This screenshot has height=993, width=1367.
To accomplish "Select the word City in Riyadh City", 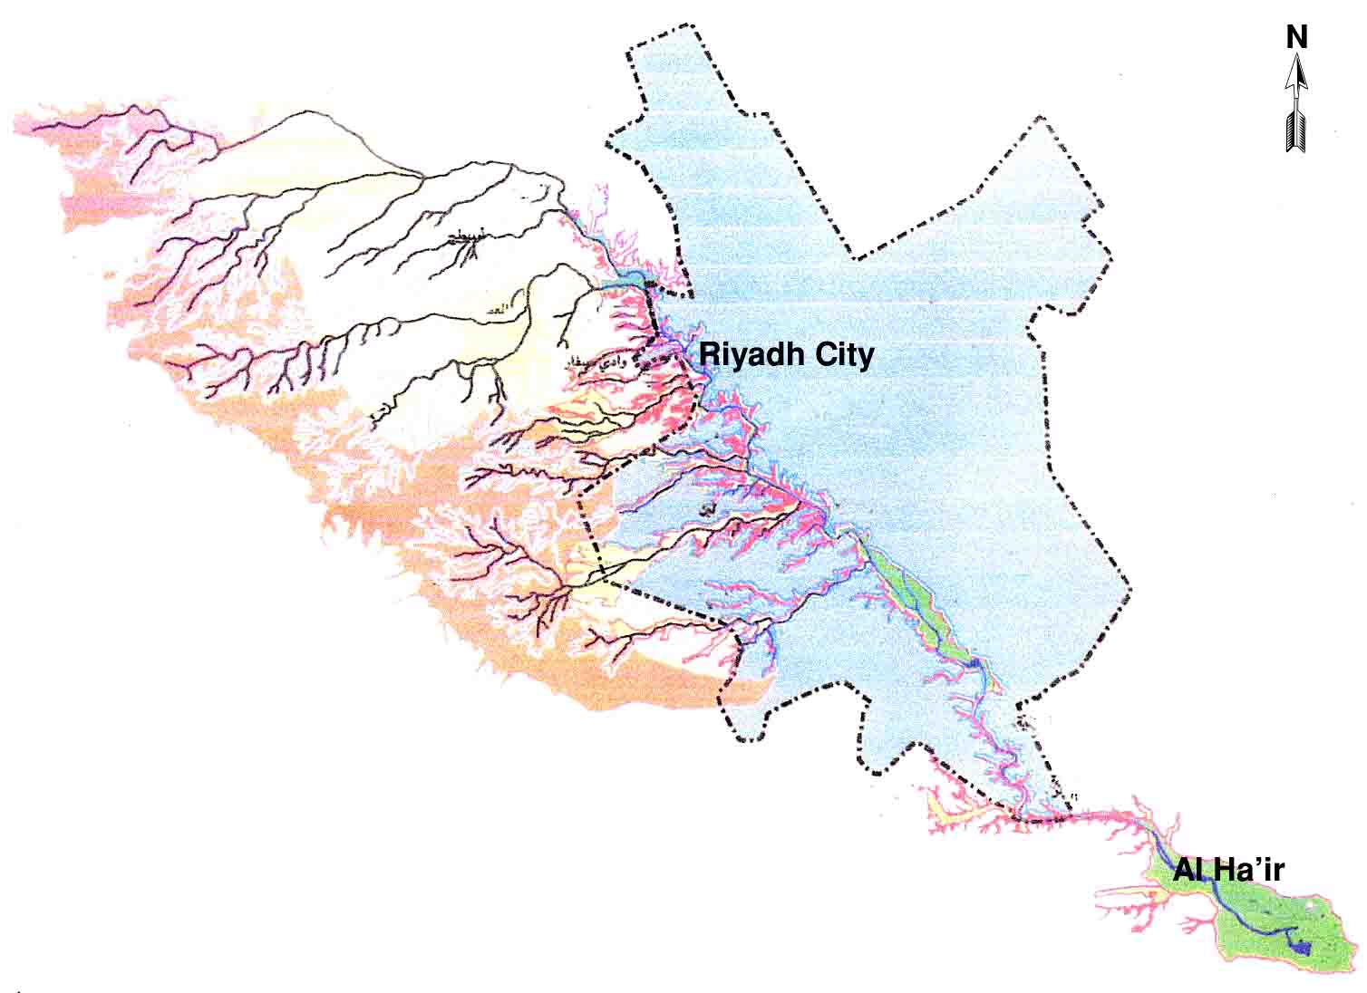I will click(843, 354).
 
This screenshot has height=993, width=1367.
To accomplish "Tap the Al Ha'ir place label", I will click(1228, 872).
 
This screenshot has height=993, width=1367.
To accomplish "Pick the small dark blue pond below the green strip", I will click(973, 664).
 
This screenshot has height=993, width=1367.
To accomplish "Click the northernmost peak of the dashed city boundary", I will click(694, 26).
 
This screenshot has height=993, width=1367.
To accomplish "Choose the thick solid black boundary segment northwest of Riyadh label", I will click(650, 313).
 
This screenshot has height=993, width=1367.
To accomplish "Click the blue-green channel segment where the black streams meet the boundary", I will click(625, 283).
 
